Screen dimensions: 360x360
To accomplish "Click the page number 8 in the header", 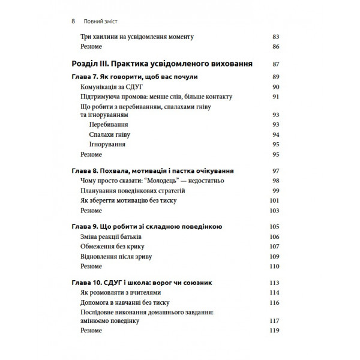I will pos(73,20).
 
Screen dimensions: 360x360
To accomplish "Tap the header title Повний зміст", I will pos(103,20).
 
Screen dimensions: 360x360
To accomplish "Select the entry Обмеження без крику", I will pos(112,247).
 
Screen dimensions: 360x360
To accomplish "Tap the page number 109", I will pos(276,256).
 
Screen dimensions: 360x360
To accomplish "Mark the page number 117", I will pos(276,320).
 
